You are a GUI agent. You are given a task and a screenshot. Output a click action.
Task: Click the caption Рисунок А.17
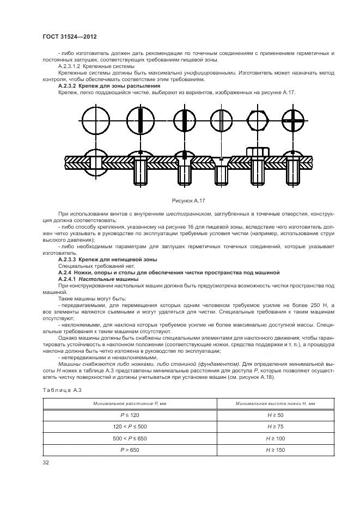pyautogui.click(x=187, y=200)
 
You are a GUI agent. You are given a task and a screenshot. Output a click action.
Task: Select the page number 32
pyautogui.click(x=45, y=462)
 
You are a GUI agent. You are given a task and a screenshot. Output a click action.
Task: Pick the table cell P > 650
pyautogui.click(x=130, y=450)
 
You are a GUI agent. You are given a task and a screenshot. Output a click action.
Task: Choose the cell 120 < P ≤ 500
pyautogui.click(x=130, y=426)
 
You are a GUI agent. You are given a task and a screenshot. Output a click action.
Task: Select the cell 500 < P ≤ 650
pyautogui.click(x=130, y=438)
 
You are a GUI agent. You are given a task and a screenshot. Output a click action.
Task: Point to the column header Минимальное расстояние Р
pyautogui.click(x=130, y=402)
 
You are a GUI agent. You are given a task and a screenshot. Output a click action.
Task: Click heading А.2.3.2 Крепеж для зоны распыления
pyautogui.click(x=108, y=86)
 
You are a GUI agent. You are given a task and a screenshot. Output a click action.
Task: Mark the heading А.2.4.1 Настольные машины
pyautogui.click(x=98, y=278)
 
